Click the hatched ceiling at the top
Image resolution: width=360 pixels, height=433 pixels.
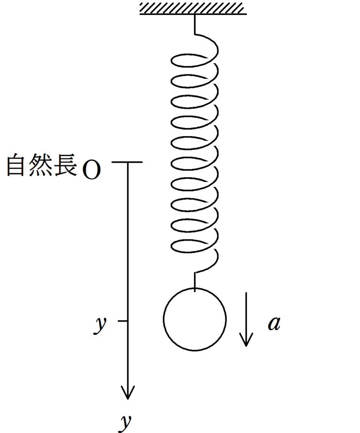[x=193, y=8]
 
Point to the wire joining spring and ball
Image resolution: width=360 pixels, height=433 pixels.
[x=195, y=280]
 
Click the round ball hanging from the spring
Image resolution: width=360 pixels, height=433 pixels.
[x=195, y=319]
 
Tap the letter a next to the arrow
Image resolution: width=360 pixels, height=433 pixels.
[x=274, y=323]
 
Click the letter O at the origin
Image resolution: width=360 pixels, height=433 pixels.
[x=91, y=171]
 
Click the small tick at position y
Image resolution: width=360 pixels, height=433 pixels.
[x=123, y=321]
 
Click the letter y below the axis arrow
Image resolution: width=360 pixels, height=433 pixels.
[x=124, y=422]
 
